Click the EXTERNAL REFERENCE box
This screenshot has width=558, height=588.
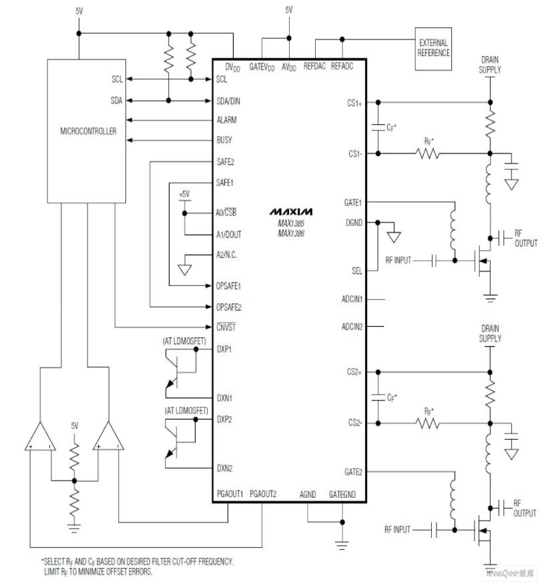tap(433, 49)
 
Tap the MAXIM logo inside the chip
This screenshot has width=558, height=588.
tap(290, 211)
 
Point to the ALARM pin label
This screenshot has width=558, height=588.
tap(227, 120)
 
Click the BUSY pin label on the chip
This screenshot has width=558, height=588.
tap(225, 141)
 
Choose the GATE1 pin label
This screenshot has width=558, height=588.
tap(352, 202)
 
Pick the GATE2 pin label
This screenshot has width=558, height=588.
tap(352, 471)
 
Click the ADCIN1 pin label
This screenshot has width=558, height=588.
tap(352, 299)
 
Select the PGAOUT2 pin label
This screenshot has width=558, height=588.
tap(263, 494)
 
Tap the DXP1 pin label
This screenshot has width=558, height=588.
tap(224, 349)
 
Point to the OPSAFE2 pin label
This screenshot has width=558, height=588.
tap(230, 307)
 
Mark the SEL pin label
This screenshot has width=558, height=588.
tap(357, 271)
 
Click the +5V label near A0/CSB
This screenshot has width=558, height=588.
tap(184, 194)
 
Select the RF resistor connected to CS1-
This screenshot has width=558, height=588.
tap(427, 153)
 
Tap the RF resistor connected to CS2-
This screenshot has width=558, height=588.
tap(427, 422)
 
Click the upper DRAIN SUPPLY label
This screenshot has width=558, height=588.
tap(491, 65)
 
